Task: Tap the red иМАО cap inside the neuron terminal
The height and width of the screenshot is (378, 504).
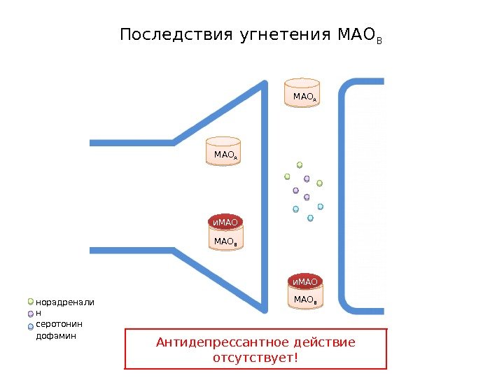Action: (x=225, y=223)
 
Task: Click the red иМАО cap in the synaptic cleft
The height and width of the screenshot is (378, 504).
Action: (x=304, y=281)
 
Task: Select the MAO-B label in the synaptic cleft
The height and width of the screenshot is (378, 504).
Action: (x=304, y=300)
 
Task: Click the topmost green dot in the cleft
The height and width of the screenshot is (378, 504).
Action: (x=300, y=165)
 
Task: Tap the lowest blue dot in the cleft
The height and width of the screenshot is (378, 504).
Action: (x=310, y=218)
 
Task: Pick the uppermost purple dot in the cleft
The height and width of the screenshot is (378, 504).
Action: (x=307, y=178)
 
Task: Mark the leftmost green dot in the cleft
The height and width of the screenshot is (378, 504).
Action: (x=287, y=176)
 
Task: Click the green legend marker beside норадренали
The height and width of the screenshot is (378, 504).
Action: (x=31, y=302)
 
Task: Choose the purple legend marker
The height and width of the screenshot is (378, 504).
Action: (x=31, y=314)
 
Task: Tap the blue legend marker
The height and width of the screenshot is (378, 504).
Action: (x=31, y=326)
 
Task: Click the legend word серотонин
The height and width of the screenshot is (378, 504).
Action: (x=59, y=325)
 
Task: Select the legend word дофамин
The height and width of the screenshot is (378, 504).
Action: (x=55, y=336)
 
